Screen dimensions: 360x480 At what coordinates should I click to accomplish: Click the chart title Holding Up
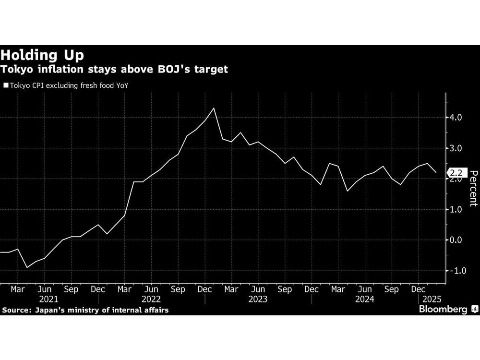pos(43,54)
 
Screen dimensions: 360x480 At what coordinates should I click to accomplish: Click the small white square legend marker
pos(6,86)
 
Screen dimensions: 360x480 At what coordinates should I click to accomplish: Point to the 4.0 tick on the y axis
pos(456,118)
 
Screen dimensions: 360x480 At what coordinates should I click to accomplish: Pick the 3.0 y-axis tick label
pos(456,148)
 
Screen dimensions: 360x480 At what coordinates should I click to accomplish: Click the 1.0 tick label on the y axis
pos(456,210)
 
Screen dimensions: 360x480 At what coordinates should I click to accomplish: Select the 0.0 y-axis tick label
pos(456,240)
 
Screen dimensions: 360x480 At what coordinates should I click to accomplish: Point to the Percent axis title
pos(473,188)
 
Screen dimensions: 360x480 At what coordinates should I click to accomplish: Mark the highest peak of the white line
pos(214,108)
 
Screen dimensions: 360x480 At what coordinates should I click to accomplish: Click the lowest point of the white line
pos(27,267)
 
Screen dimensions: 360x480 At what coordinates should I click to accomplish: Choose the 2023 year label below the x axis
pos(258,299)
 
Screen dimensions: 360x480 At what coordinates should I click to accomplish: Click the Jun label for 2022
pos(152,290)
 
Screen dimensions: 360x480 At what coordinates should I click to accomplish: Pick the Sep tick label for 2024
pos(392,290)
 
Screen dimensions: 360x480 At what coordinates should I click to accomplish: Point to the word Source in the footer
pos(15,310)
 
